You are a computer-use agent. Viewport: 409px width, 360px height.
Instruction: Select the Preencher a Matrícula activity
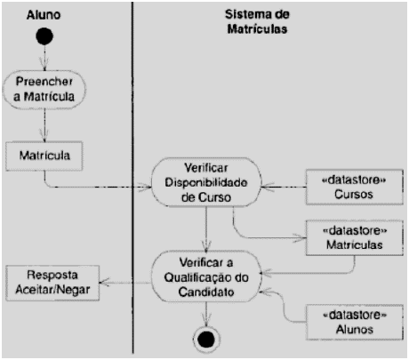click(x=44, y=91)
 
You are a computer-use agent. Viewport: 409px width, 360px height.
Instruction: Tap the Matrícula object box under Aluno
click(x=44, y=156)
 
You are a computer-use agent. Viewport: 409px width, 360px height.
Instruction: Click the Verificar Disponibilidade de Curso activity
click(x=205, y=182)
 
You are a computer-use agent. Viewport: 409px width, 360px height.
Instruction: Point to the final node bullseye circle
click(x=205, y=339)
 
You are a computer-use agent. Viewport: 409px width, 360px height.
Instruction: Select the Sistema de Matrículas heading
click(x=267, y=20)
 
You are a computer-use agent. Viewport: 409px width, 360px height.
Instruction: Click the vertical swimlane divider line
click(x=132, y=222)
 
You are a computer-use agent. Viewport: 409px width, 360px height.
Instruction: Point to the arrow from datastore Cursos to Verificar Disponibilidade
click(x=280, y=185)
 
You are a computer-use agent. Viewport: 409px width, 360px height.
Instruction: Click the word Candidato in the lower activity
click(x=205, y=291)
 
